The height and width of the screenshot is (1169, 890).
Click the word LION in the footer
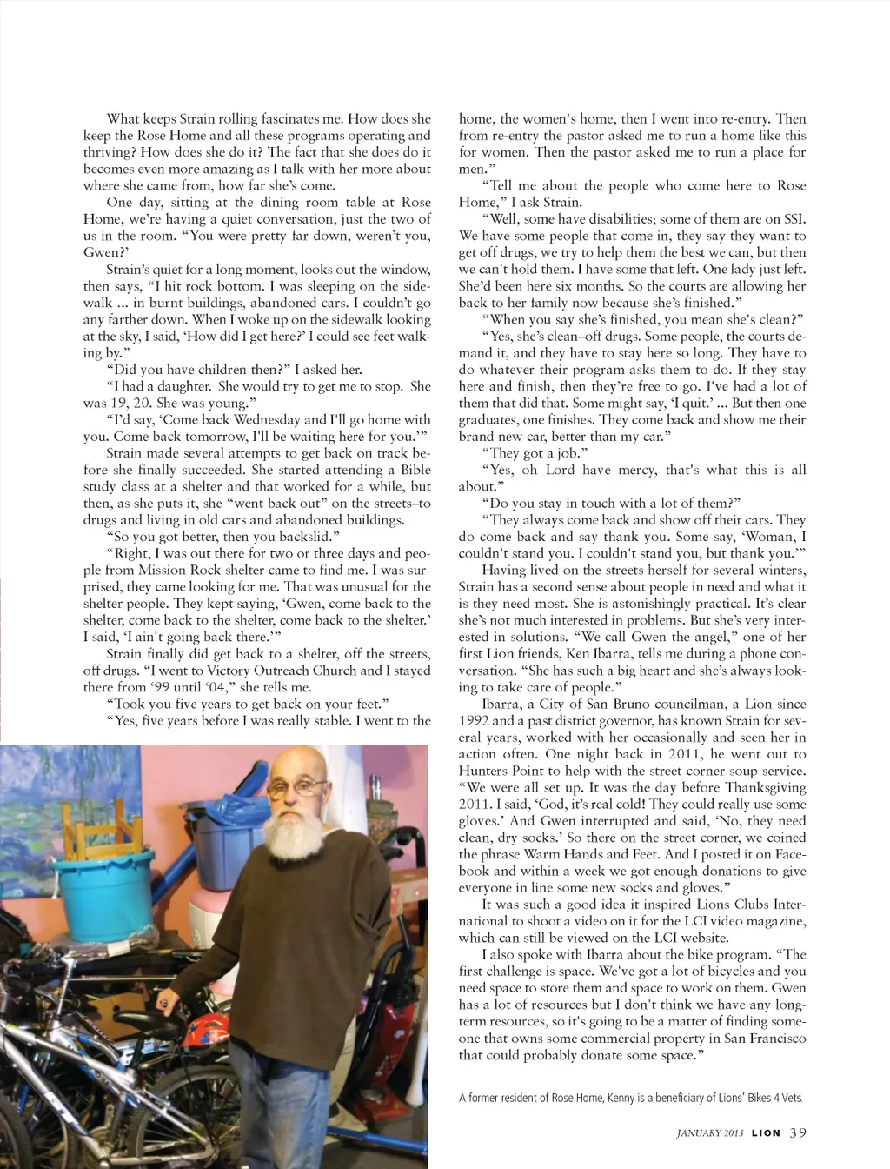click(766, 1132)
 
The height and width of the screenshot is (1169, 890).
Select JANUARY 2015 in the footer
click(710, 1132)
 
